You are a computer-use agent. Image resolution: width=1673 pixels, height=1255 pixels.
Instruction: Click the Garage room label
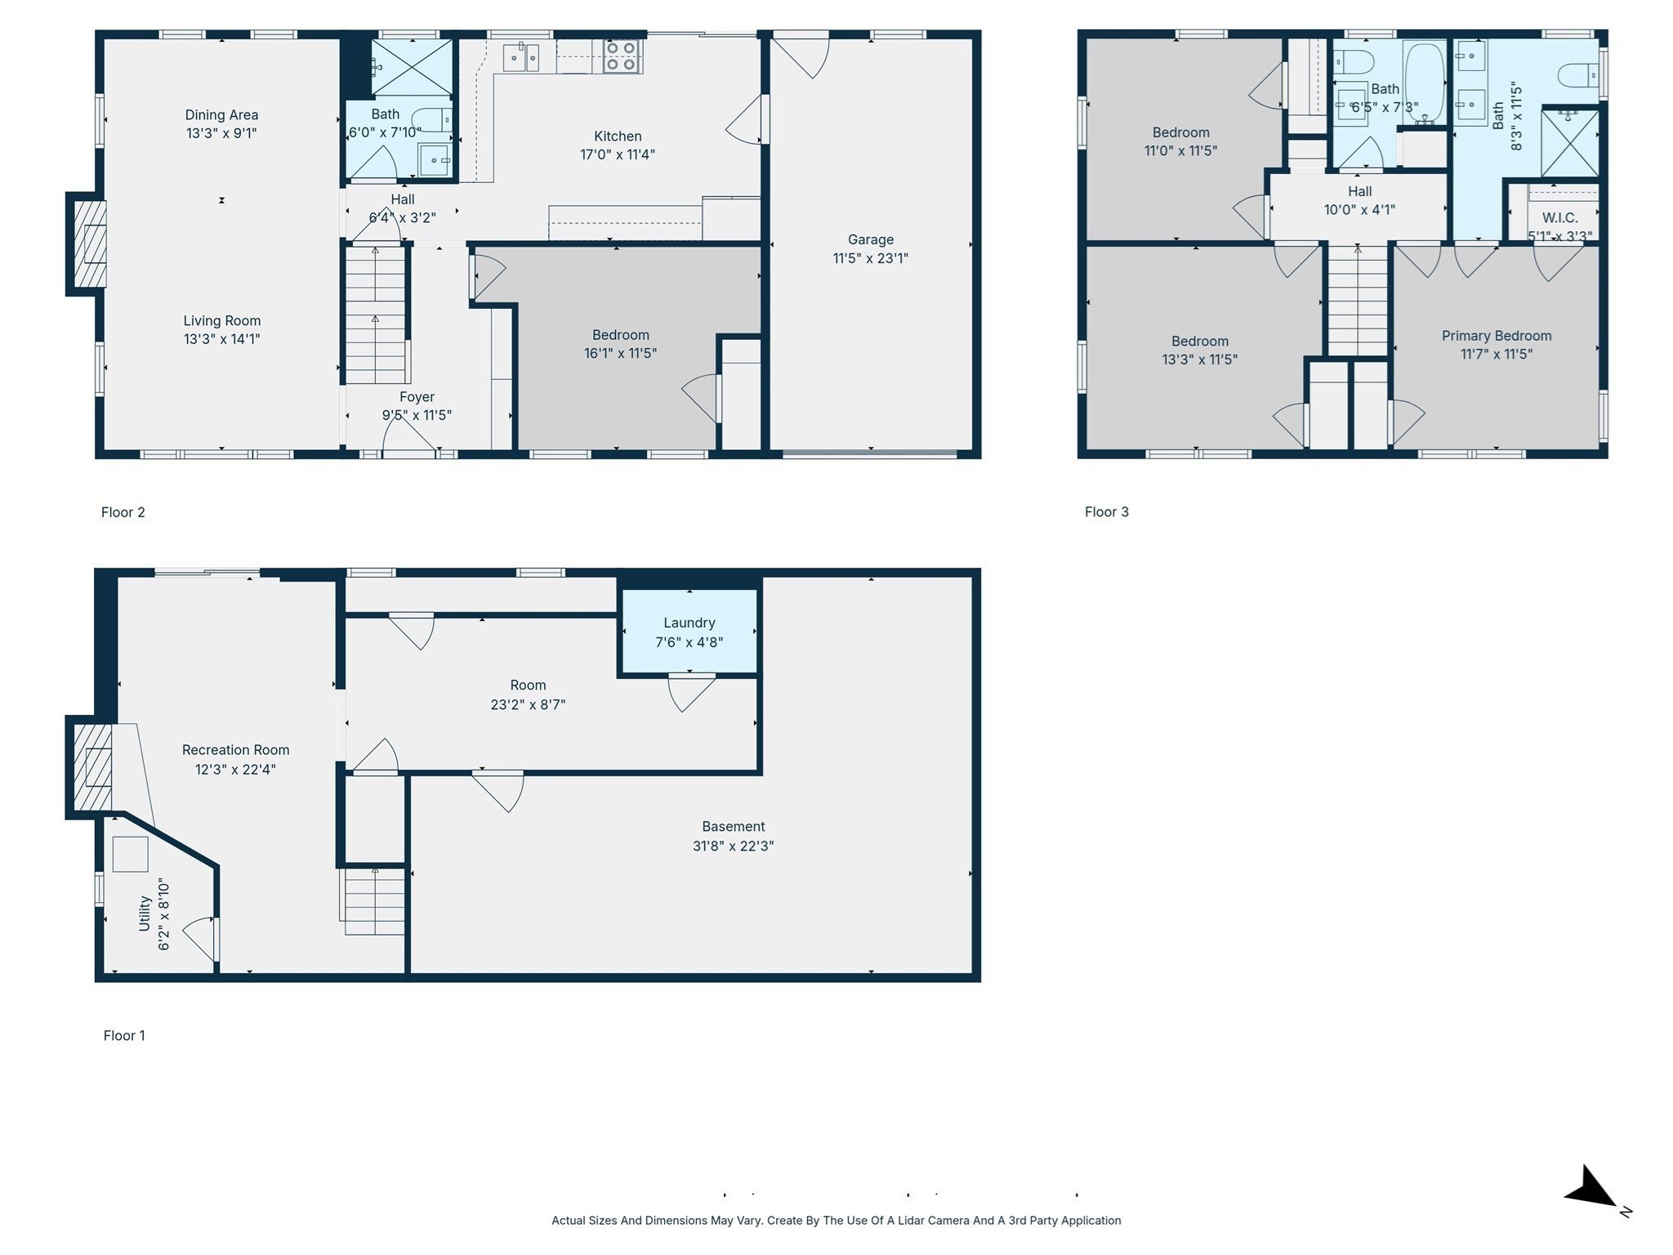[870, 239]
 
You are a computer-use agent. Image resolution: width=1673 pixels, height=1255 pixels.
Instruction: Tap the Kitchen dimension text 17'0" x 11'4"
[618, 154]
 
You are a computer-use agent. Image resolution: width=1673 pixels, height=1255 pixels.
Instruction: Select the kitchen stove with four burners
[622, 56]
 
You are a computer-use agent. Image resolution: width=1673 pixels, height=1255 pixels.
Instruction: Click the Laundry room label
[689, 623]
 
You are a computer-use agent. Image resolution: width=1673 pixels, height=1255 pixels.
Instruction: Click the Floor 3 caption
[1106, 512]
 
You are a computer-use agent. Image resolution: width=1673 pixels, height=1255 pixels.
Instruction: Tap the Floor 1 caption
[124, 1035]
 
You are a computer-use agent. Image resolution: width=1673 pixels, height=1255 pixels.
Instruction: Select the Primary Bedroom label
[1496, 336]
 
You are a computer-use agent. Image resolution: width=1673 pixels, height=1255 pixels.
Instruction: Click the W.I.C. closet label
[1559, 218]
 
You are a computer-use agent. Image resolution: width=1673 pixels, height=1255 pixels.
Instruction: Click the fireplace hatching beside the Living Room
[89, 243]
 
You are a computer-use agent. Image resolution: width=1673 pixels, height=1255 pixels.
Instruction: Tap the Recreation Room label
[235, 750]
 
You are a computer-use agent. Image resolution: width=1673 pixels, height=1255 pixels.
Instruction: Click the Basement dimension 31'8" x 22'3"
[733, 846]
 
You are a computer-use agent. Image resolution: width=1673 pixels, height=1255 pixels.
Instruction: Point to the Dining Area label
[221, 115]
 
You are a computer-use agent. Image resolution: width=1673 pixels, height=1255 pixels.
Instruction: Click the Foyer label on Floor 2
[417, 397]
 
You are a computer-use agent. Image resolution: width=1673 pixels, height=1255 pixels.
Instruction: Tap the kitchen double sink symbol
[520, 57]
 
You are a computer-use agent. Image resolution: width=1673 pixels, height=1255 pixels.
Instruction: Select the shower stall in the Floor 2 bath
[412, 67]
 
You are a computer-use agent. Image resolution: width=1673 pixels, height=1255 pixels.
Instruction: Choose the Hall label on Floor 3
[1359, 191]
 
